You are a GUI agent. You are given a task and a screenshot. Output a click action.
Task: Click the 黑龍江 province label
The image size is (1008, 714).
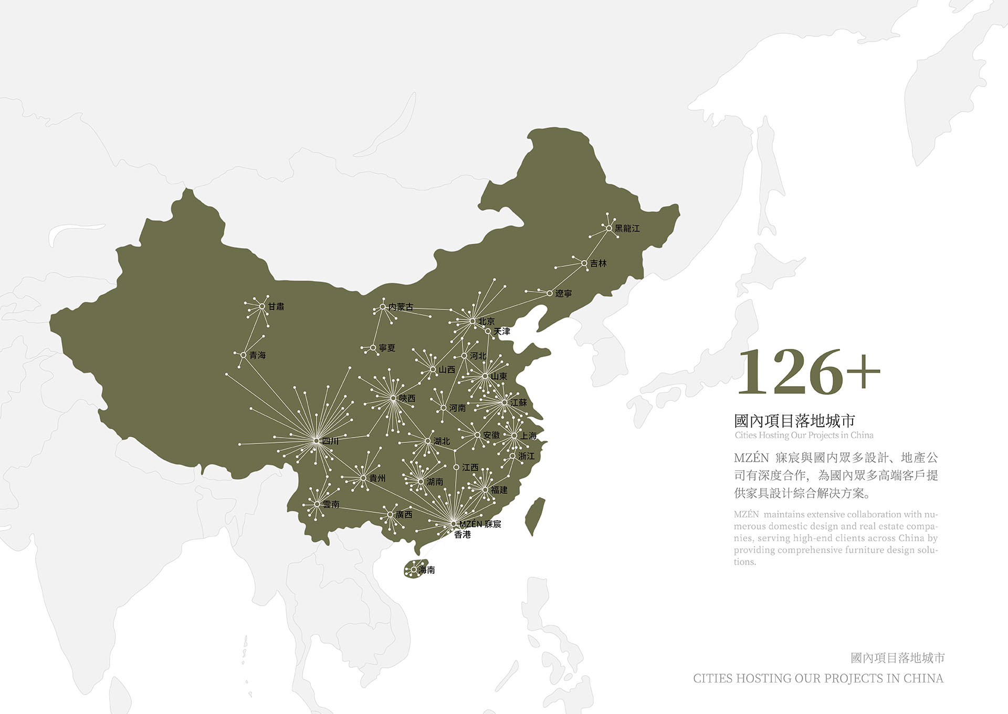pyautogui.click(x=627, y=229)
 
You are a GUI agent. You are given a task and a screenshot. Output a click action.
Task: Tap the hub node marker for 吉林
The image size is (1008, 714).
pyautogui.click(x=584, y=263)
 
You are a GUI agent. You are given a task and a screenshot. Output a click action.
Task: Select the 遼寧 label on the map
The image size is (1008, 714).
pyautogui.click(x=563, y=294)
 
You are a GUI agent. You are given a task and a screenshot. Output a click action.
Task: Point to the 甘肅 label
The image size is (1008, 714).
pyautogui.click(x=276, y=306)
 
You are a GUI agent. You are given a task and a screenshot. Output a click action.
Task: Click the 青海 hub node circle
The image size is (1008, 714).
pyautogui.click(x=244, y=356)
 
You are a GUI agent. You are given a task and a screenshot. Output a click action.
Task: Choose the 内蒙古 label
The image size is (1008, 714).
pyautogui.click(x=401, y=307)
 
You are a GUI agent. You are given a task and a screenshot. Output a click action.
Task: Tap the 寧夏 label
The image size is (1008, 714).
pyautogui.click(x=387, y=348)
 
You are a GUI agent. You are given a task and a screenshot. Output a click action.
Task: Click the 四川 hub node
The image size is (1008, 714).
pyautogui.click(x=316, y=441)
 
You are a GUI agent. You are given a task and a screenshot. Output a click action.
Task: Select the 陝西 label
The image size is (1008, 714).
pyautogui.click(x=407, y=398)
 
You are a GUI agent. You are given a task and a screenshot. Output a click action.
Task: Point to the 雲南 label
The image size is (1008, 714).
pyautogui.click(x=331, y=504)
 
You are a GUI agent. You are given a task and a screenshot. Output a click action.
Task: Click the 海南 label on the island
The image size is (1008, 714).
pyautogui.click(x=427, y=570)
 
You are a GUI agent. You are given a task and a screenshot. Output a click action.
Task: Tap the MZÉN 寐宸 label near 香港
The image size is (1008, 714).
pyautogui.click(x=480, y=524)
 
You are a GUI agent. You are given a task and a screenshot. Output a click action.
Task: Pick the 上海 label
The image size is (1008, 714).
pyautogui.click(x=529, y=436)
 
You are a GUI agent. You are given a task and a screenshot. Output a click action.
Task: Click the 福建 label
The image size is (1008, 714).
pyautogui.click(x=499, y=490)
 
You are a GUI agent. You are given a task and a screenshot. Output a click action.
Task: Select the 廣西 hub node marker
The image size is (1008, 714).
pyautogui.click(x=390, y=515)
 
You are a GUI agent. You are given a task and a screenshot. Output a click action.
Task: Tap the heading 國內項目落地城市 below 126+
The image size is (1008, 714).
pyautogui.click(x=794, y=420)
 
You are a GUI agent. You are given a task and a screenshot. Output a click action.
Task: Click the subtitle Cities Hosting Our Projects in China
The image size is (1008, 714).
pyautogui.click(x=804, y=435)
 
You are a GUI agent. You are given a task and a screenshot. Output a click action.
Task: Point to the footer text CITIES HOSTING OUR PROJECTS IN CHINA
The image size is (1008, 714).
pyautogui.click(x=818, y=678)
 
